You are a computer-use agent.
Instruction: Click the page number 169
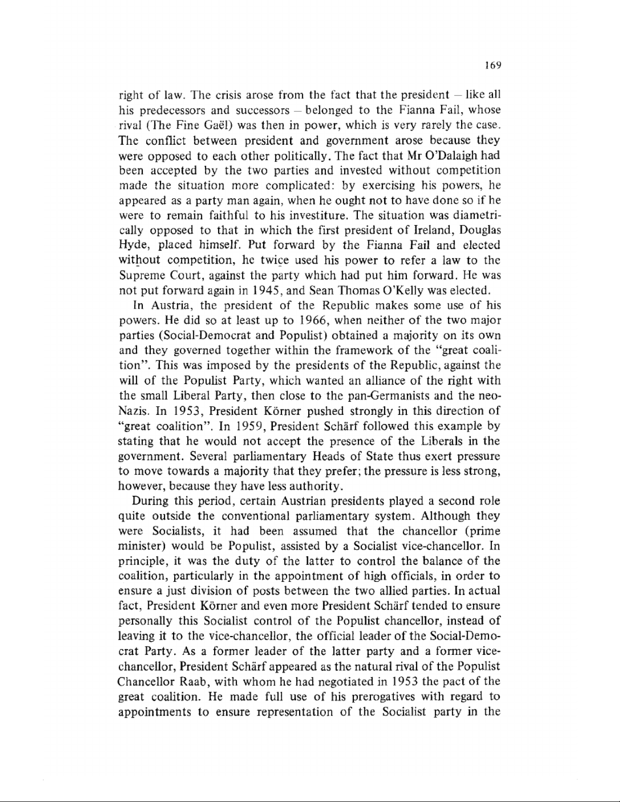tap(492, 65)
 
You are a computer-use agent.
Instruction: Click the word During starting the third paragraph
tap(150, 501)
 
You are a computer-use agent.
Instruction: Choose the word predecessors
tap(170, 110)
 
